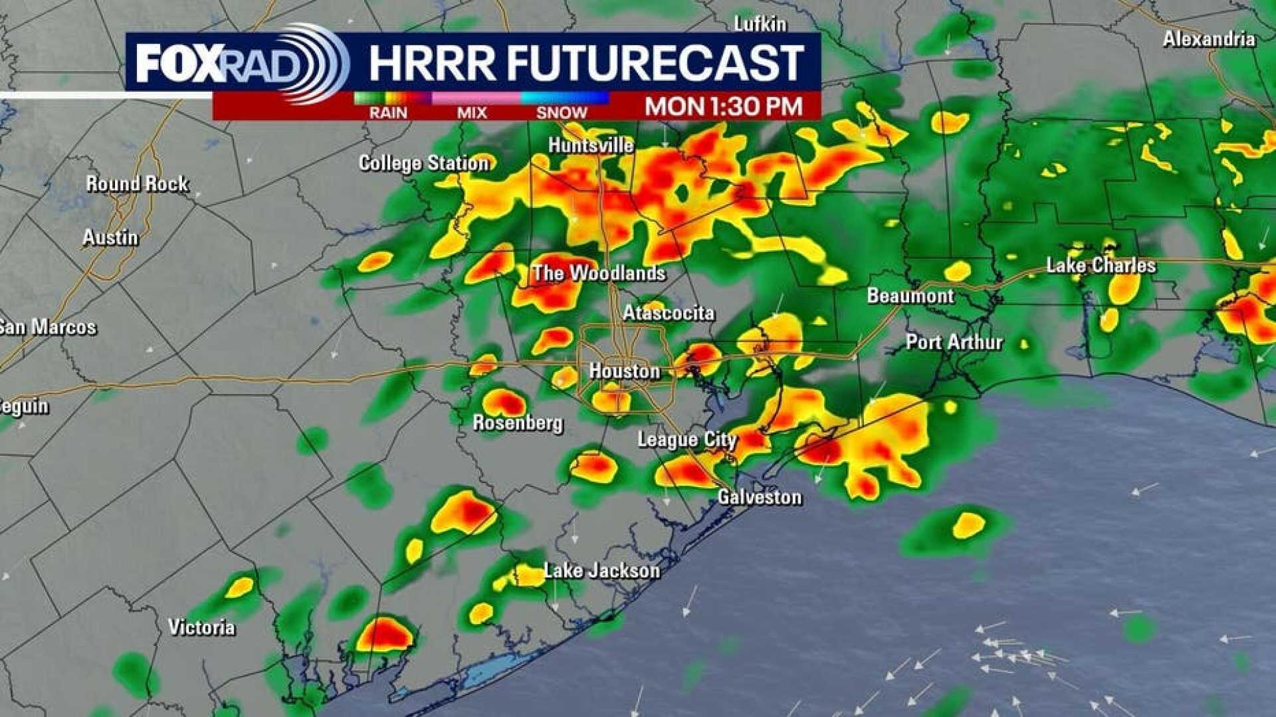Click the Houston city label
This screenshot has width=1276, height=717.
pos(625,371)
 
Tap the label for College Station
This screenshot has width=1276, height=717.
pos(424,163)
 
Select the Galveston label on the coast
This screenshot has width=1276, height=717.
pos(760,497)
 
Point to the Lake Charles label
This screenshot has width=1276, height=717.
pos(1101,266)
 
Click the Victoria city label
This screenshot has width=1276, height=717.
pos(201,627)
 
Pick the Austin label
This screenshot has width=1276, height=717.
pos(110,237)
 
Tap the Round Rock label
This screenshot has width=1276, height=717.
pos(137,183)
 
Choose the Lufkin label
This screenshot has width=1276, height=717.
pos(760,25)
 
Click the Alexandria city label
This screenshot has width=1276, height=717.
pos(1209,39)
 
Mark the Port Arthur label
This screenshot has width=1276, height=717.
pos(954,342)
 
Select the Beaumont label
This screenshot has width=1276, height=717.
pos(910,296)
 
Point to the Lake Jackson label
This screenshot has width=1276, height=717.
pos(602,570)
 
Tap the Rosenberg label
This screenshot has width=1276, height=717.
pos(518,423)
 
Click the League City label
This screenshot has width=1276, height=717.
pos(687,439)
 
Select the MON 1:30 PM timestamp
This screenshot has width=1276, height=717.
pos(724,106)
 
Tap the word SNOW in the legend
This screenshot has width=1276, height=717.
pos(562,113)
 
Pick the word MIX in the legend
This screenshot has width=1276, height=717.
pos(472,113)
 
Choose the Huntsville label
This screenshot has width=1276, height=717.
pos(591,145)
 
